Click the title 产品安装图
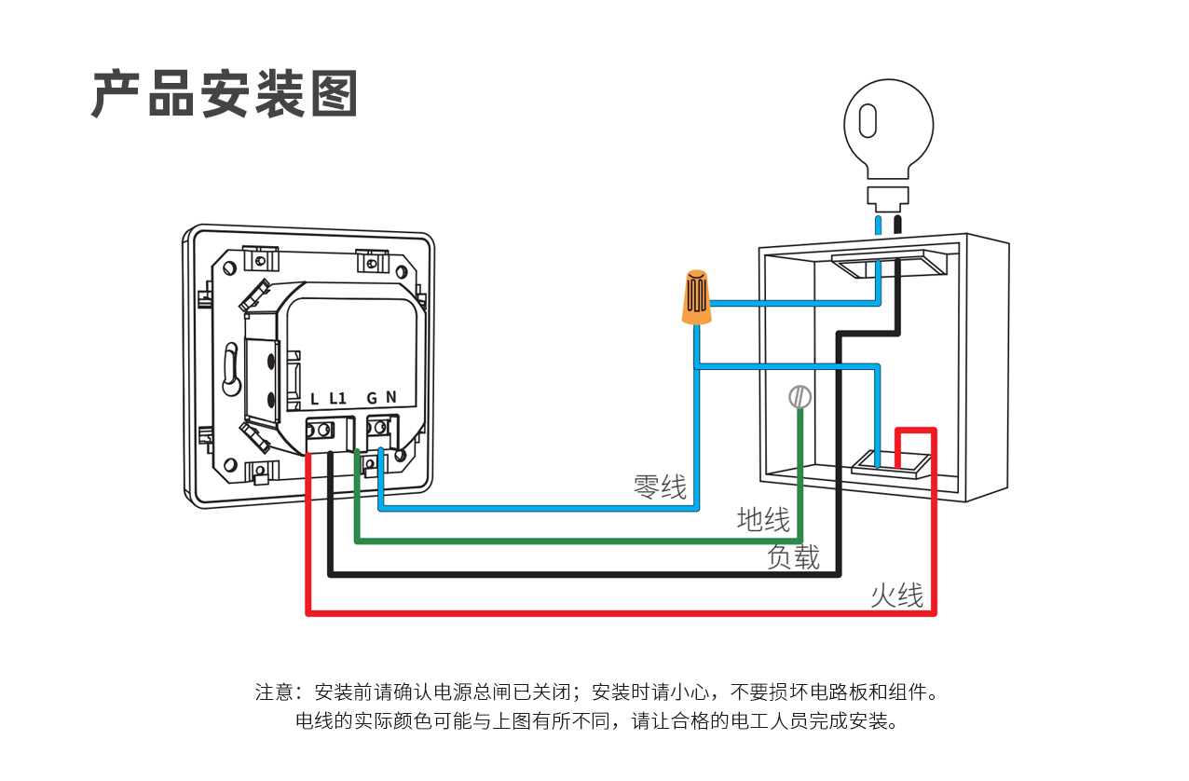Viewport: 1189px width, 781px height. [225, 94]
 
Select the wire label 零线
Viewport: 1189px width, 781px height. [660, 486]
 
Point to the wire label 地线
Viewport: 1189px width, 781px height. [763, 519]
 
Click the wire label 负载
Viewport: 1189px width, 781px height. [793, 556]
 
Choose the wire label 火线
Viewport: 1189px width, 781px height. [896, 596]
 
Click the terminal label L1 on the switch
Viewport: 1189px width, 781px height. [337, 399]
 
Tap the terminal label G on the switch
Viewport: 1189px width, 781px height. [372, 399]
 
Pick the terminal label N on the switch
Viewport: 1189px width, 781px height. [391, 397]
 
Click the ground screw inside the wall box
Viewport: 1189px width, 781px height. [799, 397]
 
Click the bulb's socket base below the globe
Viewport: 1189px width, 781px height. [887, 195]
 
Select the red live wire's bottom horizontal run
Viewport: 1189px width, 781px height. [615, 613]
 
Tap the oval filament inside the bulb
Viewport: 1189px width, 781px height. [868, 121]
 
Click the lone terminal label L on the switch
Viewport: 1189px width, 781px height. [315, 399]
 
